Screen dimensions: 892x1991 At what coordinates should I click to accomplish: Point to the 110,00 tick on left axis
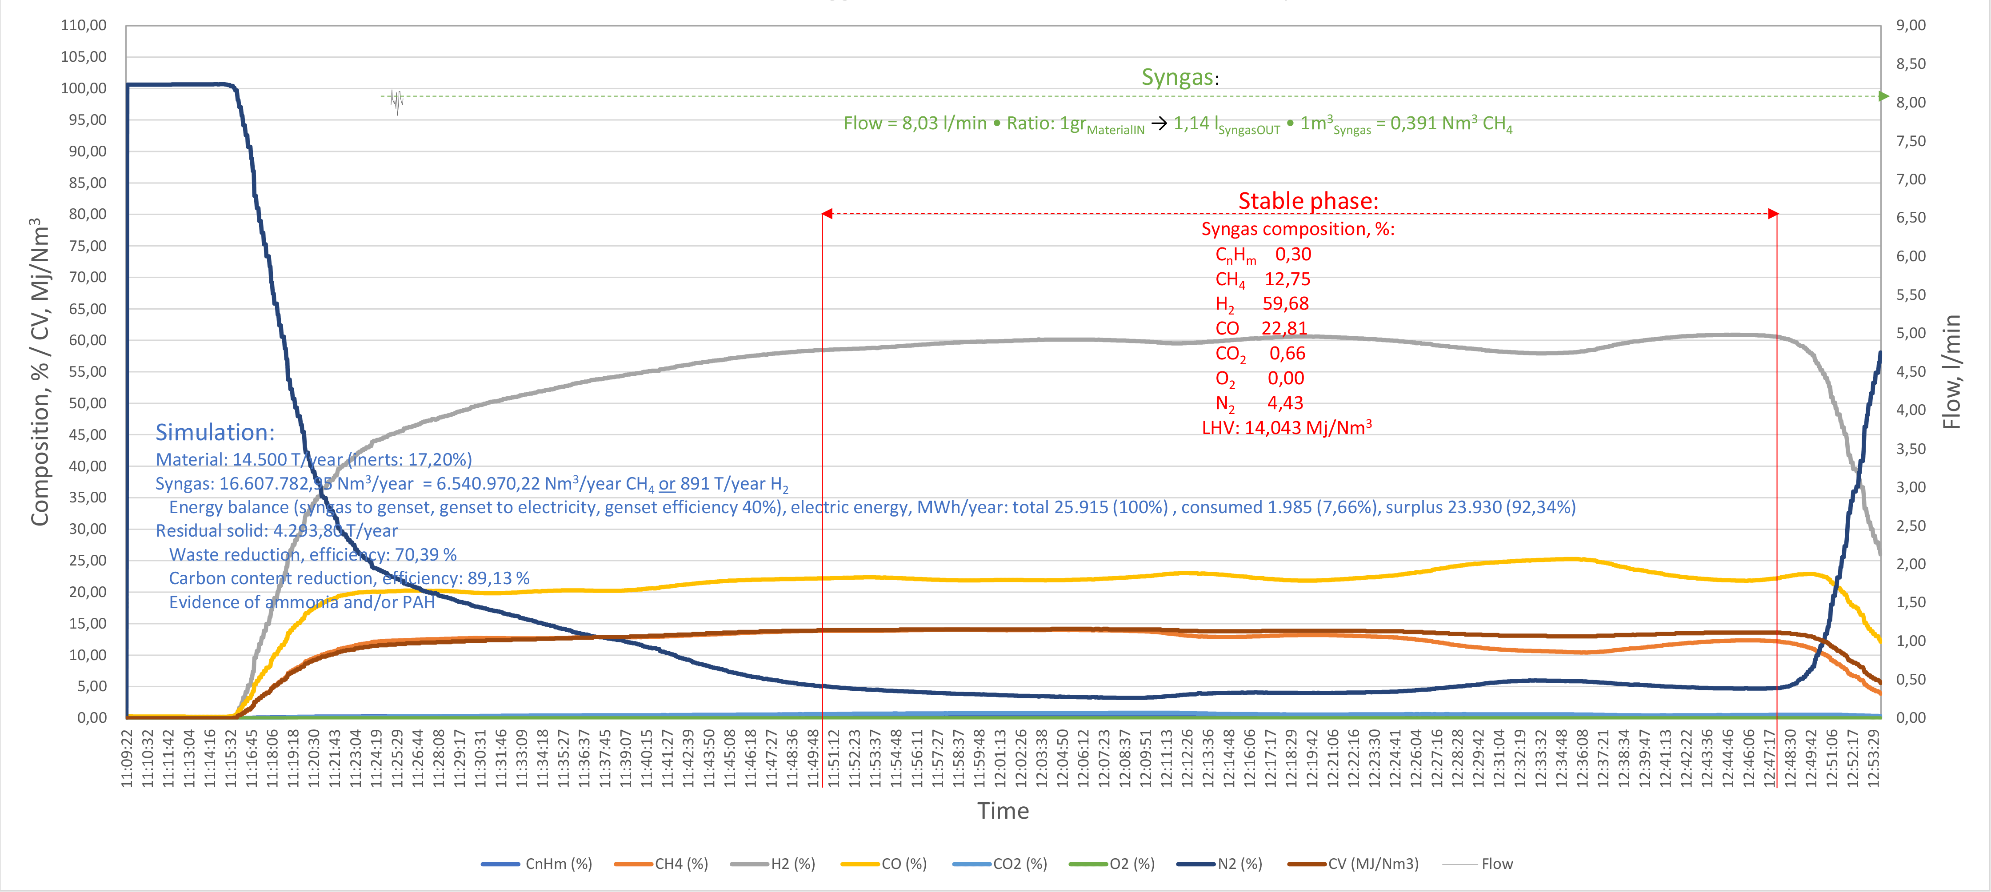click(84, 25)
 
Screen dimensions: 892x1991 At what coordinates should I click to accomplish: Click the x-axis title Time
click(1003, 811)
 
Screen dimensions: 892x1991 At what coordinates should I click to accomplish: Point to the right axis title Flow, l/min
click(1952, 372)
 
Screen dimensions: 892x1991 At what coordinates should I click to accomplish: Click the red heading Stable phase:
click(1308, 201)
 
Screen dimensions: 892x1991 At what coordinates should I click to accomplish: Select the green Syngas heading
click(1177, 77)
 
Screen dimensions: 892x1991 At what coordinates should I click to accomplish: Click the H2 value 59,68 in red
click(1285, 303)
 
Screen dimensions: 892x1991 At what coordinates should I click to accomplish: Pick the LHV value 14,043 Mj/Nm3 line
click(1286, 427)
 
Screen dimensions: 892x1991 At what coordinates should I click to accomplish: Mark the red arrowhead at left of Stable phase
click(827, 214)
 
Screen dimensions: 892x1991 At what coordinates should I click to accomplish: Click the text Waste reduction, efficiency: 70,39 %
click(313, 554)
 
